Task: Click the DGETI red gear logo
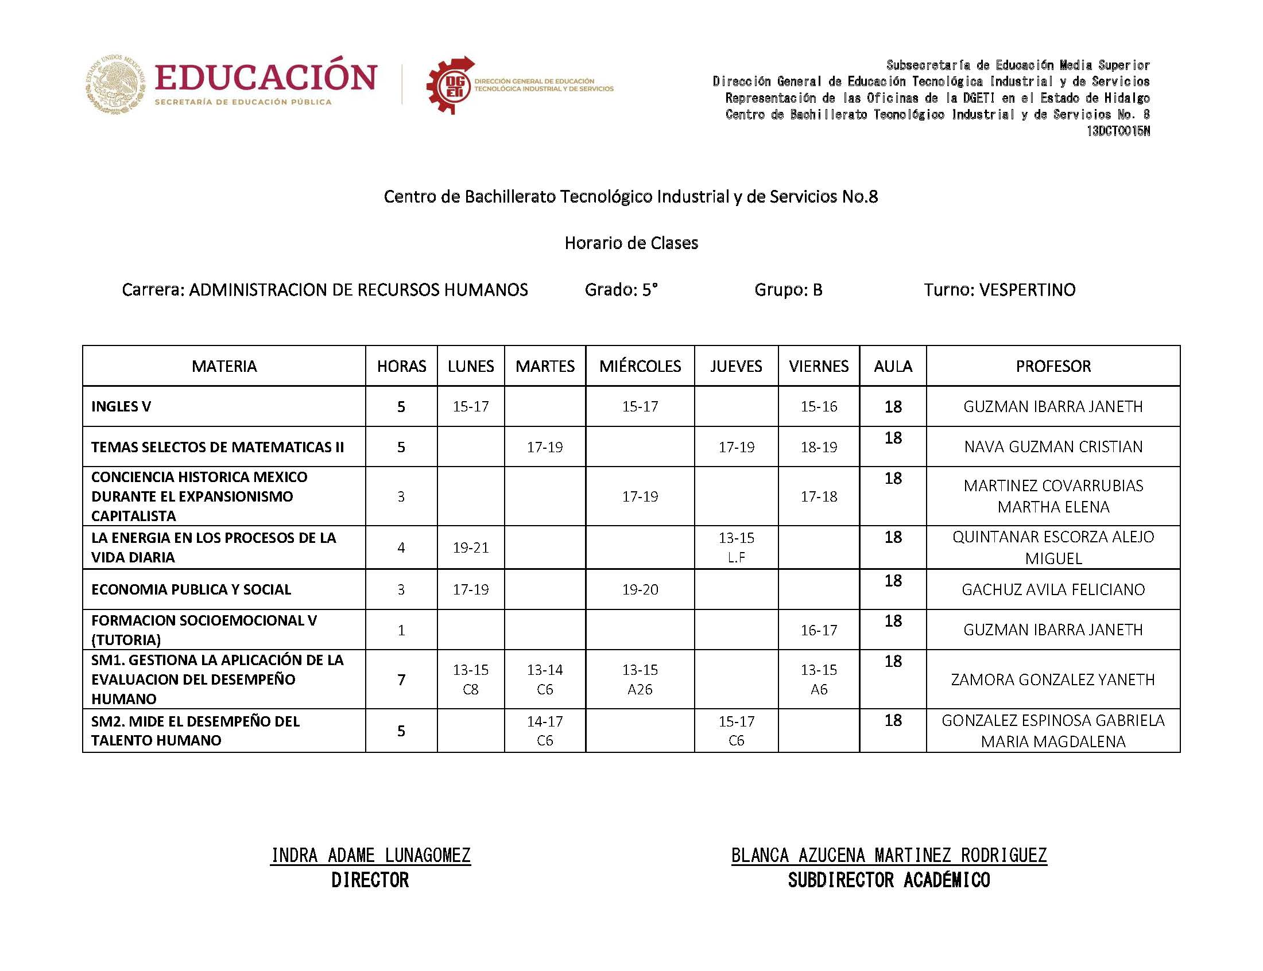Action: tap(450, 86)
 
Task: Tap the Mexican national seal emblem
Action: tap(115, 84)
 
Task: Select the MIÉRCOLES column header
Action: tap(640, 366)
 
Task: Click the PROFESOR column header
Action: tap(1053, 366)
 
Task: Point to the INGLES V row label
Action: tap(121, 406)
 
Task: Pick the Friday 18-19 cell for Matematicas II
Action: tap(819, 447)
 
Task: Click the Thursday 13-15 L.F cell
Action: tap(736, 547)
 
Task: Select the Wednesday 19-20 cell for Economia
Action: tap(640, 589)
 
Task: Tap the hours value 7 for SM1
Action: tap(401, 679)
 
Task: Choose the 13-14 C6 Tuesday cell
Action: tap(544, 679)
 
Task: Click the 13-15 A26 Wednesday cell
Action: tap(640, 679)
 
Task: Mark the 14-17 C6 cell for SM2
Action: tap(544, 731)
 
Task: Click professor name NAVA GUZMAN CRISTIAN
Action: tap(1053, 447)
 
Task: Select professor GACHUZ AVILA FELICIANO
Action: tap(1053, 589)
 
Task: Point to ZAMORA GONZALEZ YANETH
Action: tap(1053, 679)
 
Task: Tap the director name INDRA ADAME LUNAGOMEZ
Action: tap(370, 856)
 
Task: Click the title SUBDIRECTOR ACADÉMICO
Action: tap(889, 880)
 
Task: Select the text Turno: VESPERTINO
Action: tap(999, 290)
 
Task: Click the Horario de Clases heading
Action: tap(631, 243)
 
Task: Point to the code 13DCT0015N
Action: tap(1118, 131)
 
